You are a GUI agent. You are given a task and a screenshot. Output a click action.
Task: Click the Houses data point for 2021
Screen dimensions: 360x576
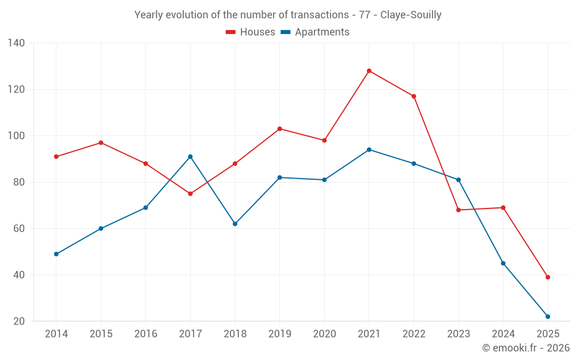[x=369, y=71]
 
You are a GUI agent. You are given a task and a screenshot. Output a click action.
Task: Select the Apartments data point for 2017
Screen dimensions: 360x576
[x=190, y=157]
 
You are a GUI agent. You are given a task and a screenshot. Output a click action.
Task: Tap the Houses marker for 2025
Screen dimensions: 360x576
[x=548, y=277]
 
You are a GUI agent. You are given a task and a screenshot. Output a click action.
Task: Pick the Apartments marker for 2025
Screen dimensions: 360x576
[x=548, y=316]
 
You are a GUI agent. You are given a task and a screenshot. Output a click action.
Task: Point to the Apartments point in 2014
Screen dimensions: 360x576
[x=56, y=254]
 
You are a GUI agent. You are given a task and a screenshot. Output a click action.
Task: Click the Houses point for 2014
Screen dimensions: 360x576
[x=56, y=157]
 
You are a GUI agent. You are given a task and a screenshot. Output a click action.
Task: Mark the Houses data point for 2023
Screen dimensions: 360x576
[x=458, y=210]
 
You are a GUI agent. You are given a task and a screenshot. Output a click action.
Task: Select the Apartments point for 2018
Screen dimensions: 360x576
[x=235, y=223]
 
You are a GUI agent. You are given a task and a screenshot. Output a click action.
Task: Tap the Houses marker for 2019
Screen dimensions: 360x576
[x=280, y=128]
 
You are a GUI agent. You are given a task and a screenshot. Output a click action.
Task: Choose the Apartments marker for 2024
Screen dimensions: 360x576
[x=503, y=263]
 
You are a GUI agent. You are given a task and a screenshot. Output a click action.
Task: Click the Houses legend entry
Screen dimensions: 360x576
[x=251, y=32]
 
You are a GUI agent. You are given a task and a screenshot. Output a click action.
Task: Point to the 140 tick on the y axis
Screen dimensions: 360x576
[x=16, y=43]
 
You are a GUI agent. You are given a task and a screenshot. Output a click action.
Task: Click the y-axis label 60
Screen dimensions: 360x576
[x=19, y=229]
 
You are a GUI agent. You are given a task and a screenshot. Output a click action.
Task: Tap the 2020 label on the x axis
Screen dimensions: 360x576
[x=324, y=334]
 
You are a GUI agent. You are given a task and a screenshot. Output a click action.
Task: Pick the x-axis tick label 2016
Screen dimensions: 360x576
[x=145, y=334]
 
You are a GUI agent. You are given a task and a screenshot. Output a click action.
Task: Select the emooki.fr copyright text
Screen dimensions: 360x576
[x=525, y=348]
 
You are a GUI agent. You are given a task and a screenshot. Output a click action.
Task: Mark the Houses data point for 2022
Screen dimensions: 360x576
[x=414, y=96]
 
